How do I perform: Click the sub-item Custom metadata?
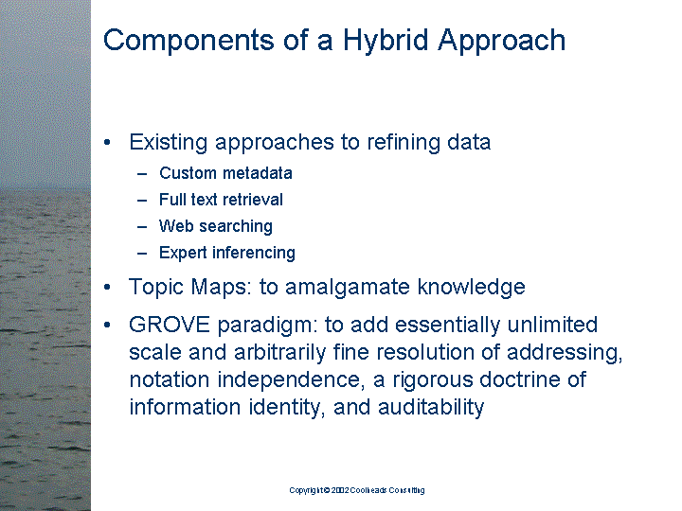225,173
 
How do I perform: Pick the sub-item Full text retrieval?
221,200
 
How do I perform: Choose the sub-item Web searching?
216,226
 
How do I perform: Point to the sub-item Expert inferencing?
227,253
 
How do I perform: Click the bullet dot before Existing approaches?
110,143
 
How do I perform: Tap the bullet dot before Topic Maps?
110,287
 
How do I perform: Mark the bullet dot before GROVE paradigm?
110,326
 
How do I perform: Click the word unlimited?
554,326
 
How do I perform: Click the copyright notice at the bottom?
357,490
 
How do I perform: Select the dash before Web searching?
142,226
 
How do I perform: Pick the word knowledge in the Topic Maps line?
477,287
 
